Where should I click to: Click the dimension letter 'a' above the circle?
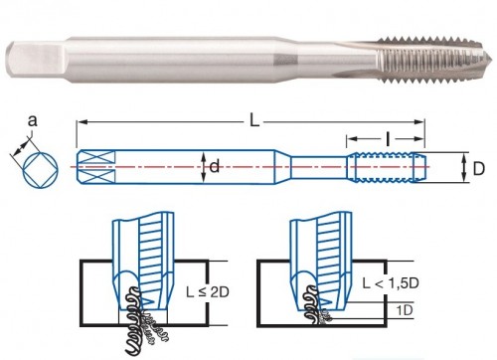click(32, 121)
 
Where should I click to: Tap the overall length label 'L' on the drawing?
click(254, 121)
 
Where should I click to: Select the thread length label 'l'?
click(388, 139)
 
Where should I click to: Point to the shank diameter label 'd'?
click(215, 166)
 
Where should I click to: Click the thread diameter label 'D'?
click(478, 169)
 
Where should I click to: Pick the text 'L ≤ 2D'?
click(208, 292)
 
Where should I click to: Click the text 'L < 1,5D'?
click(391, 283)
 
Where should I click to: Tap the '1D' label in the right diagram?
click(405, 310)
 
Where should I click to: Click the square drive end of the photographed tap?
click(37, 61)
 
